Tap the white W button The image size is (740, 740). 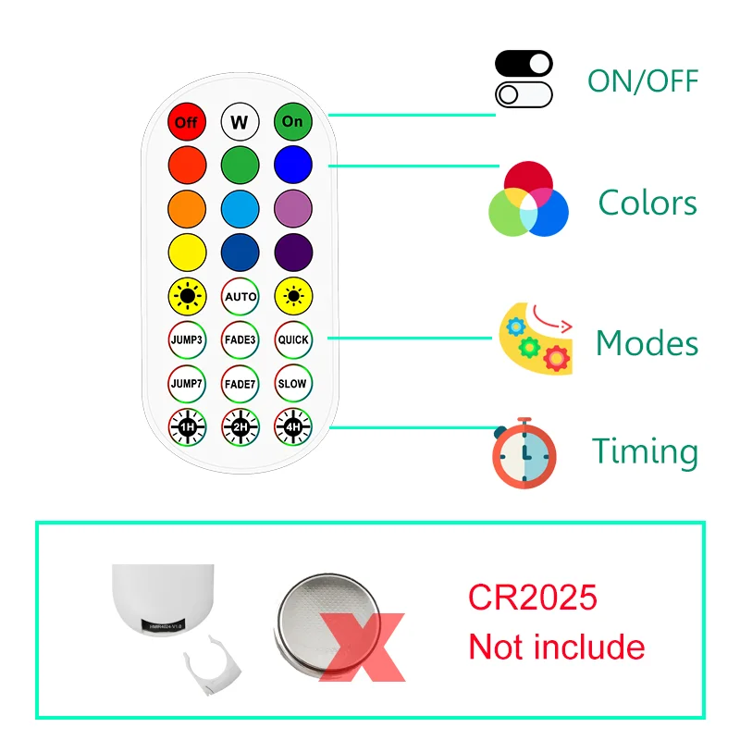point(240,121)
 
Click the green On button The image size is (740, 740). point(292,121)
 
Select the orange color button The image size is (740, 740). point(187,207)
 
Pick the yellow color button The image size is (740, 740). point(187,251)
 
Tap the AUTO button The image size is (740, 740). point(240,297)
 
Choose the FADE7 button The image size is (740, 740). point(240,383)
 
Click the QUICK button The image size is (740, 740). point(293,339)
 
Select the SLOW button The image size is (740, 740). point(293,383)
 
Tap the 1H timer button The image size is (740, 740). point(187,426)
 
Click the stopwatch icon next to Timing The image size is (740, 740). point(524,453)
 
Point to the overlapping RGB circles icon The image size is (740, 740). point(528,200)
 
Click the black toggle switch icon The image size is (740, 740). point(524,64)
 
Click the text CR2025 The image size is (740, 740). point(532,598)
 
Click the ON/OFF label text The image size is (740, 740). point(643,80)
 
